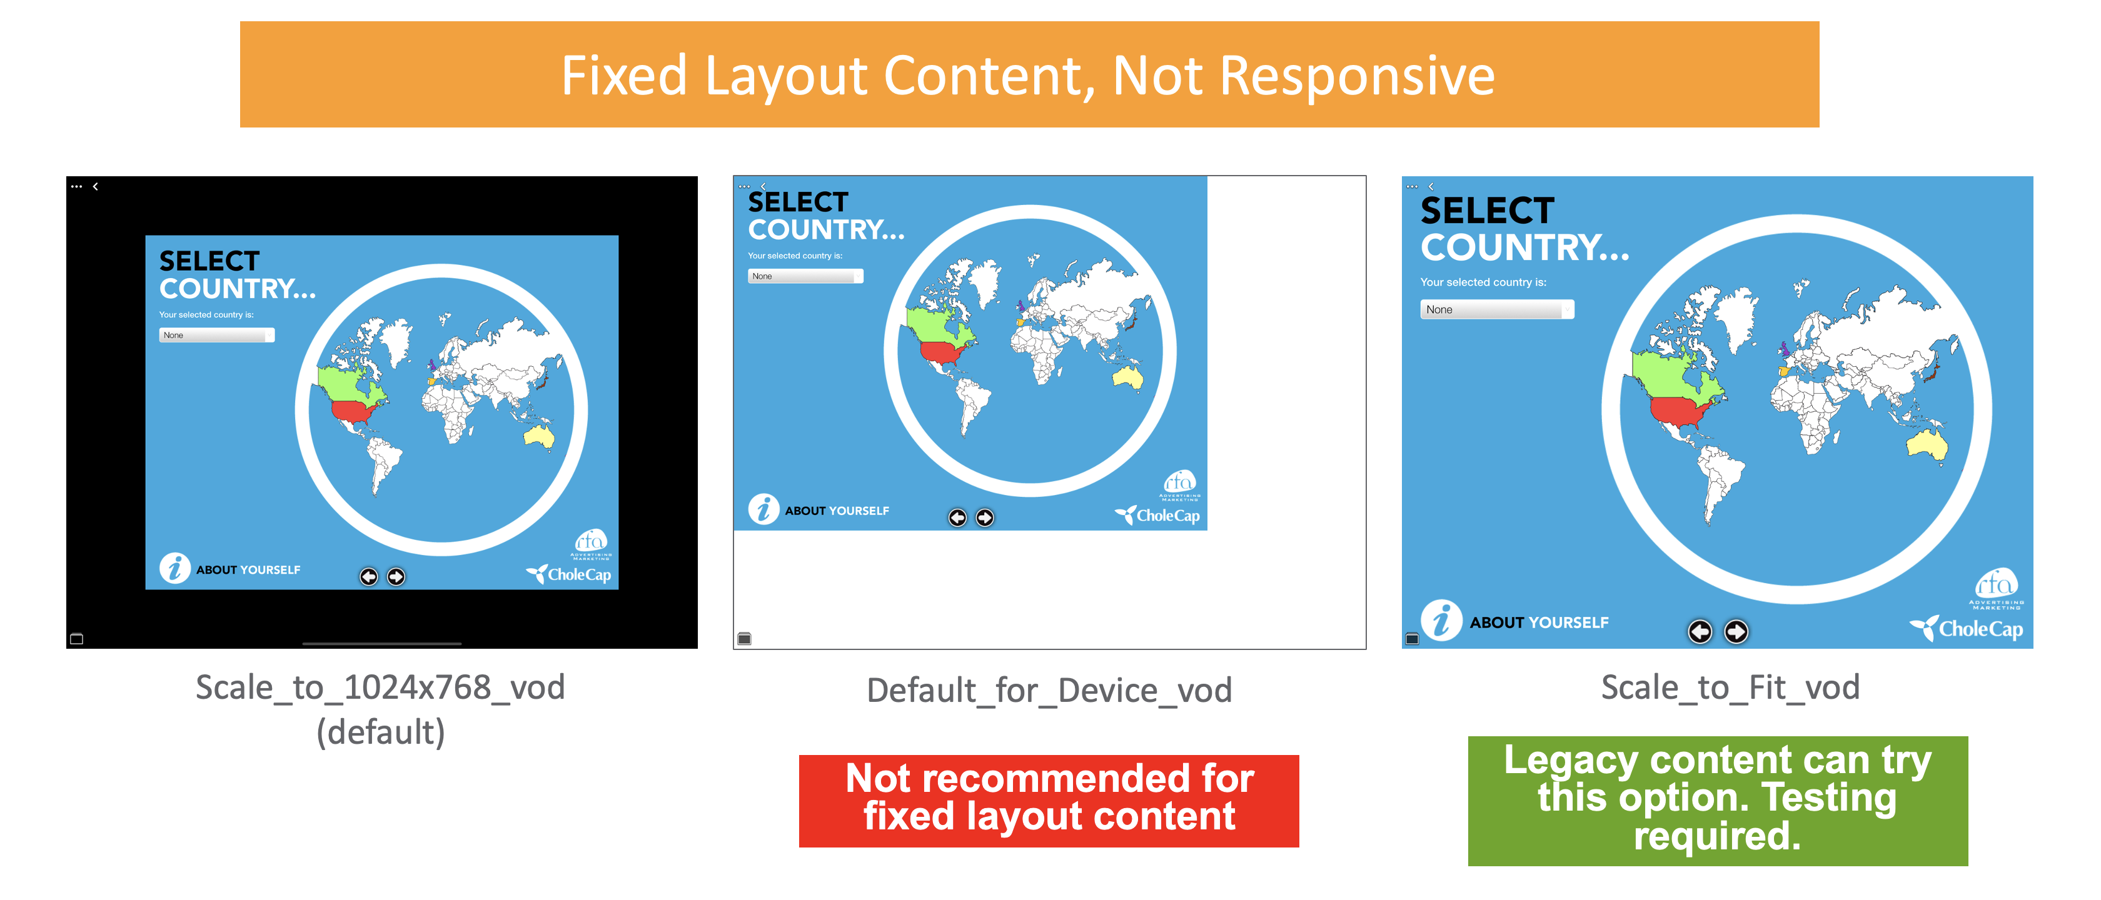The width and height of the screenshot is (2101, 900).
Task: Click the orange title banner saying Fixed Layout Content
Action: click(x=1029, y=74)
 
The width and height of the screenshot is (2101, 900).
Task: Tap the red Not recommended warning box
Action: click(x=1049, y=801)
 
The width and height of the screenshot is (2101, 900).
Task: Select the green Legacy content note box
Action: click(x=1718, y=801)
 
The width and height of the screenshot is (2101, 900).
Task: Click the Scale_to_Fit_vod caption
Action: click(x=1730, y=687)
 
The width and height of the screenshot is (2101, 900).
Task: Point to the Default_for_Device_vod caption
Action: click(x=1049, y=691)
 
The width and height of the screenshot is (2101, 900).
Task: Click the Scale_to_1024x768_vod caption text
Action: click(x=380, y=687)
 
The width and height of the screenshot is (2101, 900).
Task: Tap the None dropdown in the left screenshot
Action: click(x=216, y=335)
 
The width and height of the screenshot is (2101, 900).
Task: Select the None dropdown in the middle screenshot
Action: click(x=805, y=276)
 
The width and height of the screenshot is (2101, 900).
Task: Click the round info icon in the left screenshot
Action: click(x=174, y=568)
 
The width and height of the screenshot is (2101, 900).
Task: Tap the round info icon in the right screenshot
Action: click(x=1441, y=621)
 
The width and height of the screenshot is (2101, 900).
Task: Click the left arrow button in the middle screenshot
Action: click(x=957, y=517)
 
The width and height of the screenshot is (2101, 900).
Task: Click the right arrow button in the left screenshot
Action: click(x=396, y=576)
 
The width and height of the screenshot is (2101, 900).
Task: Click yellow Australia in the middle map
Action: click(x=1128, y=377)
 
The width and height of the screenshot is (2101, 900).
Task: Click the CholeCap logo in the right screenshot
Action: click(x=1967, y=629)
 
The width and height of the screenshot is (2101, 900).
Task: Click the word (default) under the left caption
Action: click(x=380, y=732)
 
